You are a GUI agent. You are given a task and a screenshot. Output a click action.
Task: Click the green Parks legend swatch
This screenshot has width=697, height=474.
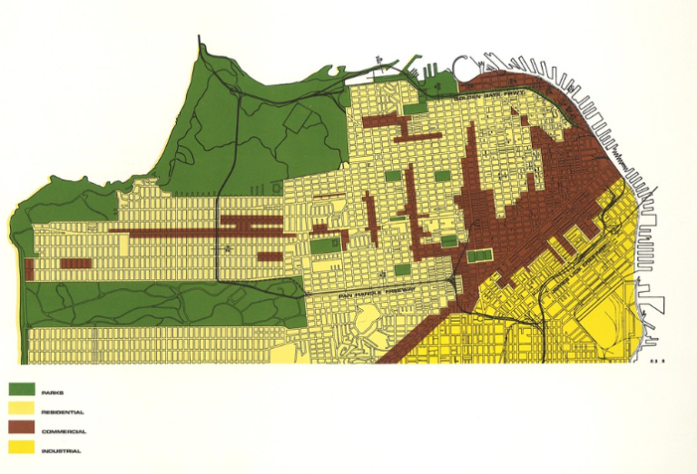tap(21, 390)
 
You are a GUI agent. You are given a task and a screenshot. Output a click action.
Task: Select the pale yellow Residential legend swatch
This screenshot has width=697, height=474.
tap(21, 410)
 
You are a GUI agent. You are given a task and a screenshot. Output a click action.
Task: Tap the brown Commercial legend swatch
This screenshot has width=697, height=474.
tap(21, 429)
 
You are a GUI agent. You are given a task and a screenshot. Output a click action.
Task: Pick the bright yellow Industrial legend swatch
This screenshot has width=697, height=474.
tap(21, 448)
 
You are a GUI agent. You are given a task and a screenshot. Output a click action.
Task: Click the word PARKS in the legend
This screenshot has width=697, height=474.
tap(53, 392)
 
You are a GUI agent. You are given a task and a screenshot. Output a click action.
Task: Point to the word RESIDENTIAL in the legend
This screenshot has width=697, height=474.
tap(63, 411)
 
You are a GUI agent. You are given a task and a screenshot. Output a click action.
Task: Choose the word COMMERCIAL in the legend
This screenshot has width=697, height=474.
tap(64, 431)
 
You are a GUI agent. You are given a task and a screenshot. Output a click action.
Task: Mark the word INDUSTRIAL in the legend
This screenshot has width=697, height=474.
tap(62, 450)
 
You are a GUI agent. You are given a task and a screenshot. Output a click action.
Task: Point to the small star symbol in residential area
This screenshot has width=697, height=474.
tap(229, 247)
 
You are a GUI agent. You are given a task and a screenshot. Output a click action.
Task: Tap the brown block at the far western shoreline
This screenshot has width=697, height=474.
tap(30, 269)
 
